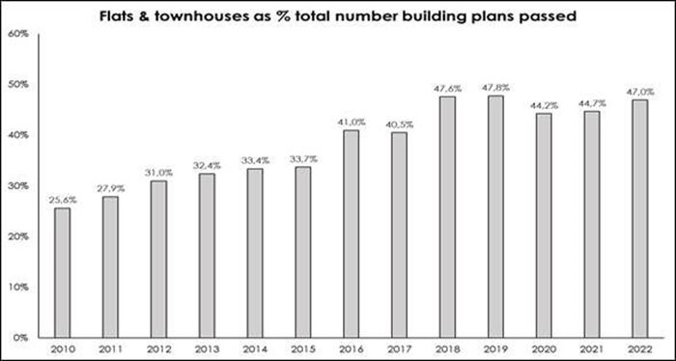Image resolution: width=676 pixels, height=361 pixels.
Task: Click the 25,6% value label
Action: tap(62, 198)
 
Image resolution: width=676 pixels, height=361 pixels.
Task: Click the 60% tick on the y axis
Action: tap(16, 34)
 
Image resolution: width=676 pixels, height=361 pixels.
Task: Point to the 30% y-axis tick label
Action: tap(16, 185)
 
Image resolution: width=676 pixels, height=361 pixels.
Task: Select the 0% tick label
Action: tap(19, 337)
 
